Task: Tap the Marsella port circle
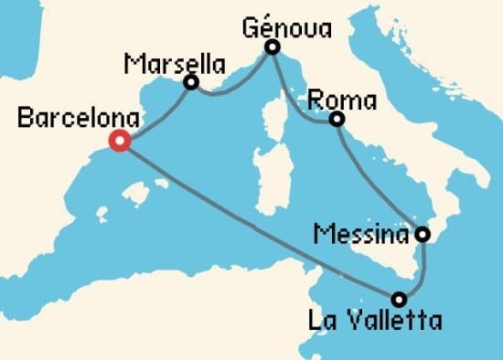pos(191,83)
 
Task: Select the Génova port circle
pos(272,48)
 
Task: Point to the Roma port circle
pos(337,119)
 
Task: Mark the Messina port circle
pos(423,234)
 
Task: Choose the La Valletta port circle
pos(399,298)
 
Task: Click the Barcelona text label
pos(80,118)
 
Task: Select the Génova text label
pos(285,26)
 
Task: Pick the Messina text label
pos(359,235)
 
